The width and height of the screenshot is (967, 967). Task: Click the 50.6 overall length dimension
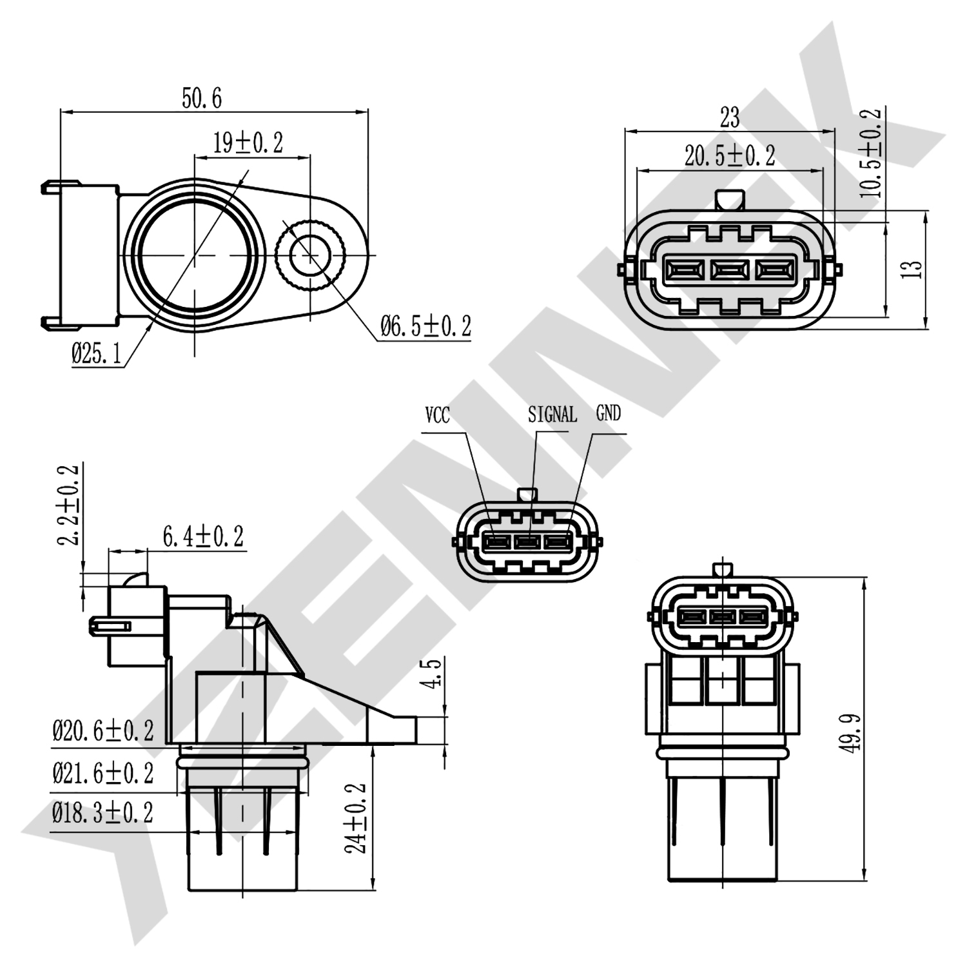(201, 99)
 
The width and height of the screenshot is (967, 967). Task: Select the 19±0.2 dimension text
(248, 142)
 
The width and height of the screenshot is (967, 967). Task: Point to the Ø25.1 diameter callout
(96, 354)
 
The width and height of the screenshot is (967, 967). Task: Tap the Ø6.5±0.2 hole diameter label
(425, 326)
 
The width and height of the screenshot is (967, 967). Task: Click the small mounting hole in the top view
(311, 257)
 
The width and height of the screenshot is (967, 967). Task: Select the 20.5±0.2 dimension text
(729, 155)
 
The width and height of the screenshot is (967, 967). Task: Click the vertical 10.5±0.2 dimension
(870, 152)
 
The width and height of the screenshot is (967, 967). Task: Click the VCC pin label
(437, 415)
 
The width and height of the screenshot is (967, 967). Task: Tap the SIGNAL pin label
(552, 415)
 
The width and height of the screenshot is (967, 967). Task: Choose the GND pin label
(609, 413)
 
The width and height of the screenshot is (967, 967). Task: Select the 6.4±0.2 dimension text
(203, 536)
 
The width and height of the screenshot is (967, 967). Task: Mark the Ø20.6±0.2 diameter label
(103, 731)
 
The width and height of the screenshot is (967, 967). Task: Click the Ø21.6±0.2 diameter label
(103, 772)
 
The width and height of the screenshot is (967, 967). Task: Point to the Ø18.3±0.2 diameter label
(103, 813)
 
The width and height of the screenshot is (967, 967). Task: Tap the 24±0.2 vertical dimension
(356, 818)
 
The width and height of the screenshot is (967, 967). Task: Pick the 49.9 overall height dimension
(852, 732)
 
